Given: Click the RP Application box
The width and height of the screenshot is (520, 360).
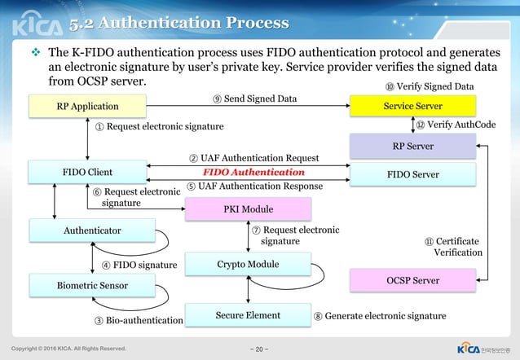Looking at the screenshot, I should pyautogui.click(x=87, y=106).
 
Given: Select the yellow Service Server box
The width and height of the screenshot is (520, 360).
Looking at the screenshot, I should pyautogui.click(x=412, y=106).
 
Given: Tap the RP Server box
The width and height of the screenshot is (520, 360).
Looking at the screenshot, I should pyautogui.click(x=412, y=146).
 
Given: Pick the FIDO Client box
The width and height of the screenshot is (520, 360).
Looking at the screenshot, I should pyautogui.click(x=87, y=173).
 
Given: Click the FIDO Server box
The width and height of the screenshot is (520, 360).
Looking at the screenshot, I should pyautogui.click(x=412, y=174).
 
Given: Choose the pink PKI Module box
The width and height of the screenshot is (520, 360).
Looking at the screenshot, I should pyautogui.click(x=248, y=209).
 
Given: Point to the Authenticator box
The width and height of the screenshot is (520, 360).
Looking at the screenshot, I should pyautogui.click(x=91, y=230).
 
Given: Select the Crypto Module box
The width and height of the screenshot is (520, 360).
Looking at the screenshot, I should pyautogui.click(x=248, y=264).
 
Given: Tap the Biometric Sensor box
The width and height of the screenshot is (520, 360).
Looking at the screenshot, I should pyautogui.click(x=91, y=286).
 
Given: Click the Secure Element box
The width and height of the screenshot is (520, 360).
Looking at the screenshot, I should pyautogui.click(x=248, y=315).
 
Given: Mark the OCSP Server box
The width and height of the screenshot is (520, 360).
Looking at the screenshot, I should pyautogui.click(x=412, y=280).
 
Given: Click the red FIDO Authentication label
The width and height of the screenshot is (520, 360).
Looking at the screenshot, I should pyautogui.click(x=253, y=173).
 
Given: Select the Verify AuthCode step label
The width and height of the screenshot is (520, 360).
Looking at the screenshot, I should pyautogui.click(x=456, y=125).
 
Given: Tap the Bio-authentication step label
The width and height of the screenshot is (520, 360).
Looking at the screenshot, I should pyautogui.click(x=139, y=321).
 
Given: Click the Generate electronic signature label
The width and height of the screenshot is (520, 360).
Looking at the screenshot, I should pyautogui.click(x=380, y=315).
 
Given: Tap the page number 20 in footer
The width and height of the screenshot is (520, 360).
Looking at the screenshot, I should pyautogui.click(x=259, y=349).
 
